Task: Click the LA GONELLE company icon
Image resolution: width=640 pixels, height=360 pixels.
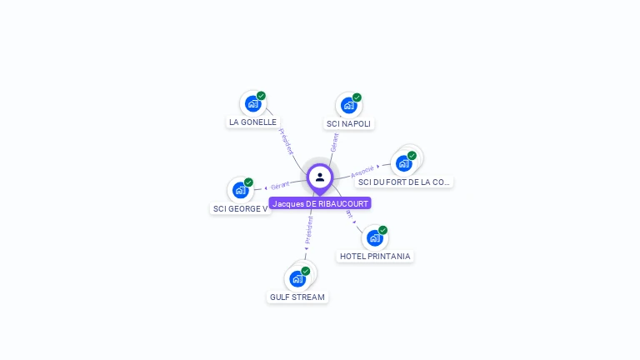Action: point(252,103)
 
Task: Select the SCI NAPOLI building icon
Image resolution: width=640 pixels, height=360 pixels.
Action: point(348,105)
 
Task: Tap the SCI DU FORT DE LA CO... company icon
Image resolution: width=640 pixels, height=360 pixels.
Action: point(404,162)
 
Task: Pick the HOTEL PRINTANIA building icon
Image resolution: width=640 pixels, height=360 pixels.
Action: point(374,238)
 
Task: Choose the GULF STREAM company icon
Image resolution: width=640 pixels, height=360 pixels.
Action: point(297,278)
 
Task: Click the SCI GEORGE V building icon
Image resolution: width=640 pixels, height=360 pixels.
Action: point(240,189)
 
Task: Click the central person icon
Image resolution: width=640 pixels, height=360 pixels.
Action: point(320,177)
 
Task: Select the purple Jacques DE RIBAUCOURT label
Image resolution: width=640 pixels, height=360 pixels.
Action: point(320,203)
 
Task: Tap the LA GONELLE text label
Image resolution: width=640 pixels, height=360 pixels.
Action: point(252,122)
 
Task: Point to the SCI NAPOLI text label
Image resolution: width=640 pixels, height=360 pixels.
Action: point(348,123)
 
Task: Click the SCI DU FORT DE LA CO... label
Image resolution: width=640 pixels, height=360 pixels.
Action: point(404,182)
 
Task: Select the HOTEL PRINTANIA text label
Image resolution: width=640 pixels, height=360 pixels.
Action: point(375,256)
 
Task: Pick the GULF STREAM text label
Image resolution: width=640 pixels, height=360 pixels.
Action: point(297,297)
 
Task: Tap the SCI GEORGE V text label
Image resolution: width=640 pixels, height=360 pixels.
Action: point(241,208)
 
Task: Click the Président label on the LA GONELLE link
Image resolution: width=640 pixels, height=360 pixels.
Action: point(285,141)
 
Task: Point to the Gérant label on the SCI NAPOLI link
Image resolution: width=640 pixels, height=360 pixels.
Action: point(334,142)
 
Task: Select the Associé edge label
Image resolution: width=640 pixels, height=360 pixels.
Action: point(362,171)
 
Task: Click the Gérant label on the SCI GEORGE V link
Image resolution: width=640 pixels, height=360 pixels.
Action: point(280,185)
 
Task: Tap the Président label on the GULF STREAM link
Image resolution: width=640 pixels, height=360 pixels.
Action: point(308,229)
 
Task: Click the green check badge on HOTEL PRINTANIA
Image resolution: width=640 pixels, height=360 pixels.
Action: point(382,230)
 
